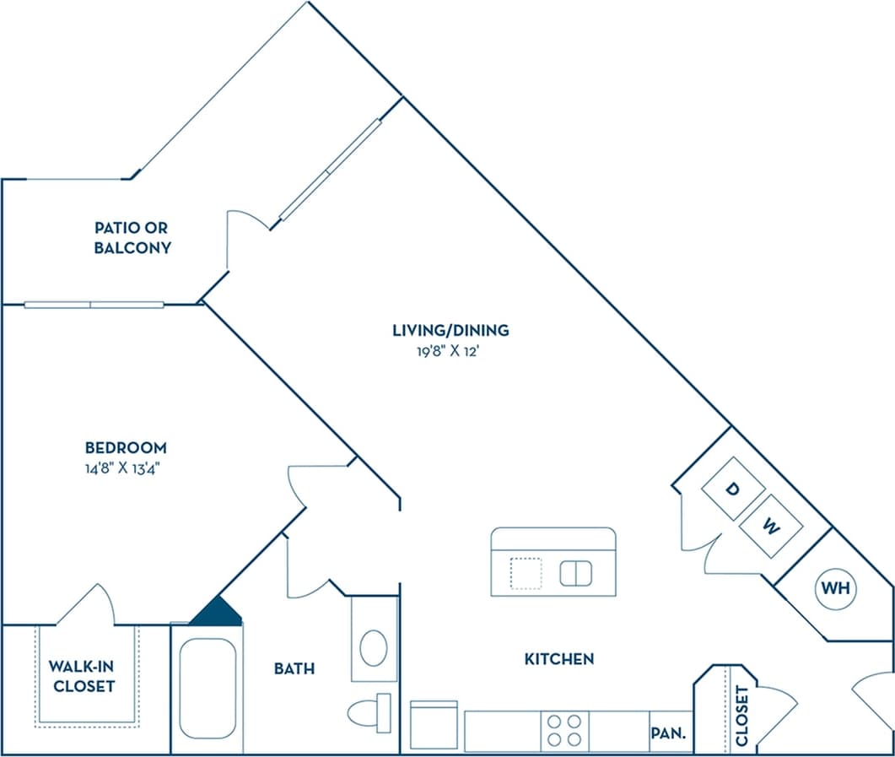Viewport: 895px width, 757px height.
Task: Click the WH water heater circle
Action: click(833, 587)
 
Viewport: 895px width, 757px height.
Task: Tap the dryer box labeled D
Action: click(733, 489)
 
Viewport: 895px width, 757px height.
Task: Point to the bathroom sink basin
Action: click(374, 647)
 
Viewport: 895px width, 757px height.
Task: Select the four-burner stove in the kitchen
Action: click(564, 730)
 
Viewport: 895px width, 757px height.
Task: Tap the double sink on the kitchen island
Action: click(575, 573)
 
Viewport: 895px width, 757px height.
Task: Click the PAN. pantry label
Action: click(669, 733)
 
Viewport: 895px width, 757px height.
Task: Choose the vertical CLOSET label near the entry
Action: click(741, 715)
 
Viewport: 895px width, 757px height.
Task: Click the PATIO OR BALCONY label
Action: click(132, 238)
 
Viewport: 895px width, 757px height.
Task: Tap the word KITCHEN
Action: click(559, 658)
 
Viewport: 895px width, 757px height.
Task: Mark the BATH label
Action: click(294, 668)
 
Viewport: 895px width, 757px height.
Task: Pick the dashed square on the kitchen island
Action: click(526, 574)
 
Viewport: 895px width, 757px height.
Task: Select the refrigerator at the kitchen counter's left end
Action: click(434, 725)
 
